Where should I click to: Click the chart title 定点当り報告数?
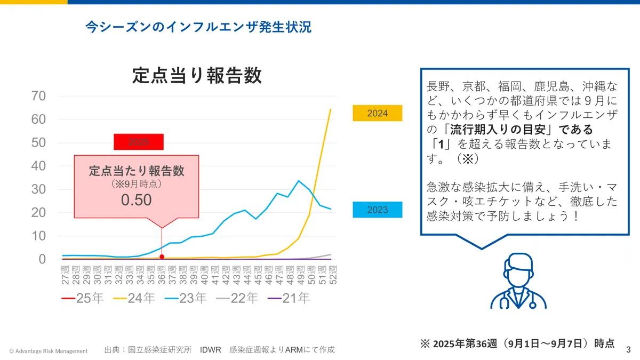tap(197, 76)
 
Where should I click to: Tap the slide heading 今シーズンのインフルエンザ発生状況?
tap(198, 27)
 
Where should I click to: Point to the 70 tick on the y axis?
tap(39, 97)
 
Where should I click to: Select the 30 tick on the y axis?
tap(39, 189)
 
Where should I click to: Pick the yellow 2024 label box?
tap(377, 113)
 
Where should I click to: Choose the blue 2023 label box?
tap(377, 210)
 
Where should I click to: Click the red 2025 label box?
tap(138, 142)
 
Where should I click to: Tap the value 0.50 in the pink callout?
tap(136, 200)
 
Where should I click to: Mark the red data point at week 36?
tap(162, 257)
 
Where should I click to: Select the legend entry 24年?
tap(134, 298)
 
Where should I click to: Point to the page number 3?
tap(628, 350)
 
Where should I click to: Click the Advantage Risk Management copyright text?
tap(49, 351)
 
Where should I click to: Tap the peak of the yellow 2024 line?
tap(331, 109)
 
